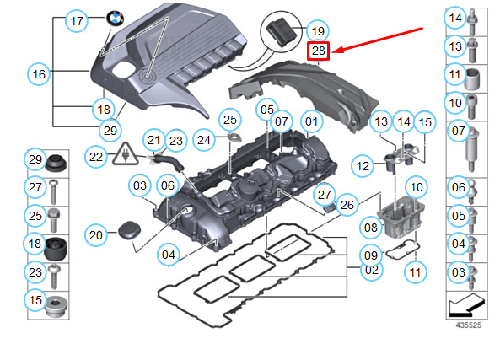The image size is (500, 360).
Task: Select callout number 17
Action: [77, 22]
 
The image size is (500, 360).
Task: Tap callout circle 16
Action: [39, 74]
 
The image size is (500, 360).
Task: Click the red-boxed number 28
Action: [318, 51]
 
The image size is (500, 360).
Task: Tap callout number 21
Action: [153, 139]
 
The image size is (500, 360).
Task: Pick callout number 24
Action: [204, 138]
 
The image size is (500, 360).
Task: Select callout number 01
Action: [311, 122]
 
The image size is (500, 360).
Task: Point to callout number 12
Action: [363, 166]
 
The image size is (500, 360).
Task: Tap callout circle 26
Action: [347, 204]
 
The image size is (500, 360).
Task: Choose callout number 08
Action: [371, 227]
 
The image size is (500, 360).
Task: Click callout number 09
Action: [371, 254]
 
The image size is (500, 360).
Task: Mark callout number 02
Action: [371, 270]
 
